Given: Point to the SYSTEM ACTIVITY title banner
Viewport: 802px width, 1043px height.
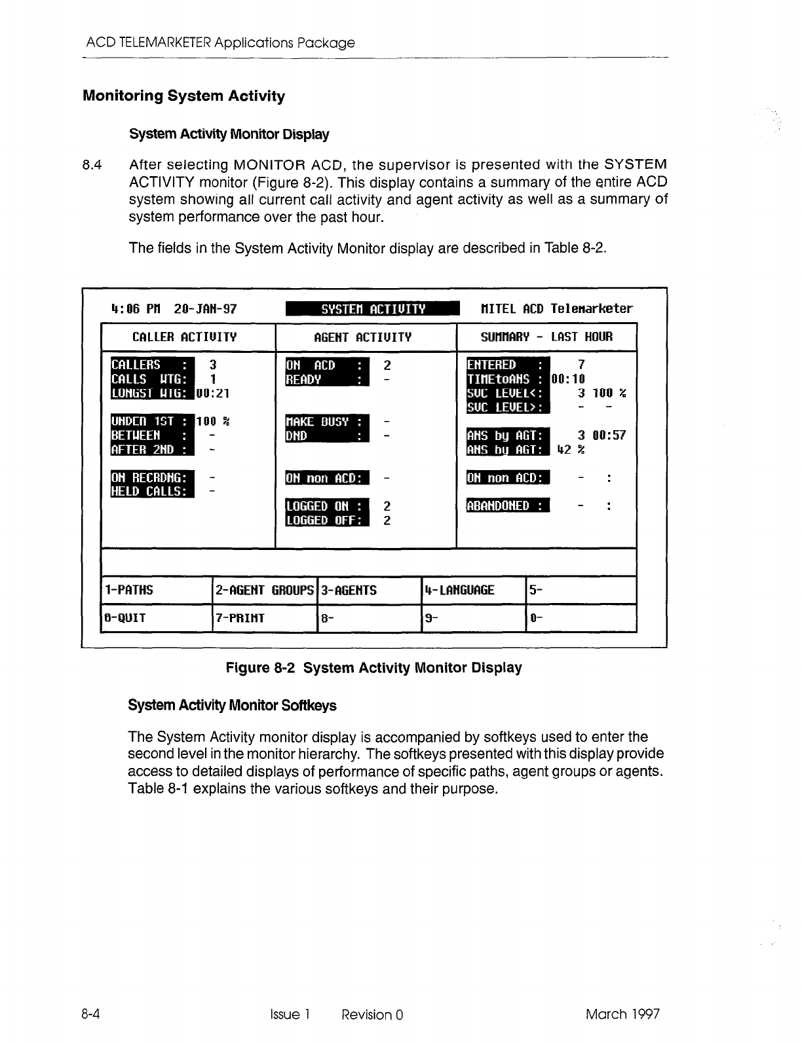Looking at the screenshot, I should [x=373, y=308].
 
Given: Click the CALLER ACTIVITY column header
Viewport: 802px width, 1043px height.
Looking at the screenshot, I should [x=184, y=337].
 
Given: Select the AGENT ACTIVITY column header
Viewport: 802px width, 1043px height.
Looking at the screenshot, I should [x=362, y=337].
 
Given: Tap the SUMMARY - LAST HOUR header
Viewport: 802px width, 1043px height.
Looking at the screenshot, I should [x=546, y=337].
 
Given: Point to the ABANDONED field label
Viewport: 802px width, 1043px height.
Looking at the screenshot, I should [x=508, y=506].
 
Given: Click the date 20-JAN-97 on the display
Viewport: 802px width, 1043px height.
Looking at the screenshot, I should [x=206, y=308].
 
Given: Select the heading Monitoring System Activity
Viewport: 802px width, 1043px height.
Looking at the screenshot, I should [x=184, y=96].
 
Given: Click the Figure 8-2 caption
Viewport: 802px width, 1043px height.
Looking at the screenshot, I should [x=373, y=668].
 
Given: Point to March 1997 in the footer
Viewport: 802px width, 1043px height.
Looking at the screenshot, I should [x=622, y=1014].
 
